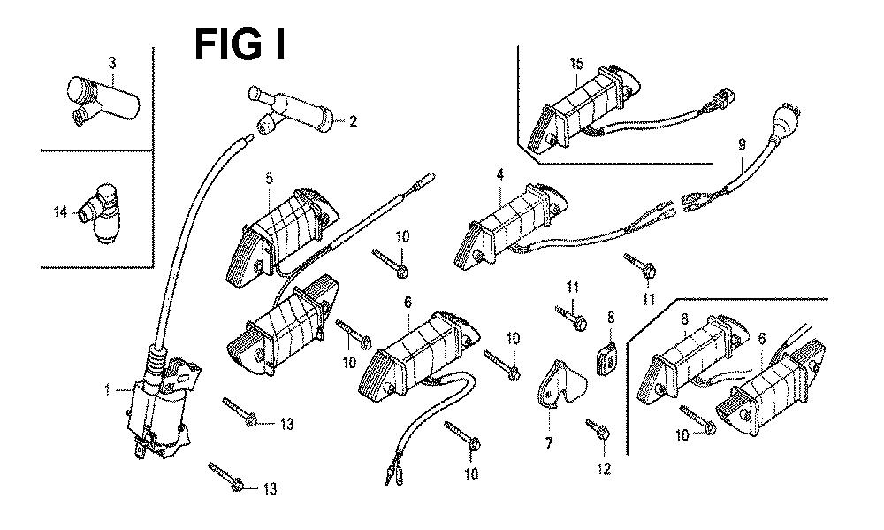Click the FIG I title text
point(239,44)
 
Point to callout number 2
point(353,122)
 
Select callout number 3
point(111,62)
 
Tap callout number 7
point(548,442)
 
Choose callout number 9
point(741,143)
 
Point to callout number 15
point(576,63)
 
